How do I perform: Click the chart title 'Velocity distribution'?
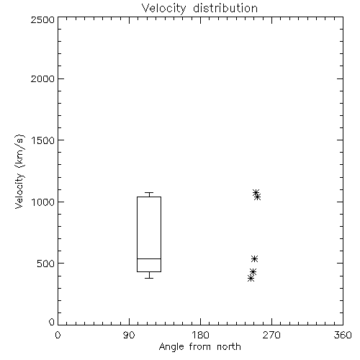pyautogui.click(x=199, y=8)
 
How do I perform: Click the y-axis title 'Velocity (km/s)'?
pyautogui.click(x=19, y=171)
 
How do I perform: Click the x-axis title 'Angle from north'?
pyautogui.click(x=199, y=346)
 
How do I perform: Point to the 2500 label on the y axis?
pyautogui.click(x=42, y=19)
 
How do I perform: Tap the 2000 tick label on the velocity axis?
pyautogui.click(x=42, y=78)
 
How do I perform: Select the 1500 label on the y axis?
pyautogui.click(x=43, y=140)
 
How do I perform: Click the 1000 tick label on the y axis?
pyautogui.click(x=43, y=202)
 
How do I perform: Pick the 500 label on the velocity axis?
pyautogui.click(x=46, y=264)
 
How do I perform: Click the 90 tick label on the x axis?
pyautogui.click(x=129, y=335)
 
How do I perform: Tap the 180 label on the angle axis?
pyautogui.click(x=200, y=335)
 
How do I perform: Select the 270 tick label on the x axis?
pyautogui.click(x=271, y=335)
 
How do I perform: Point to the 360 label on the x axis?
pyautogui.click(x=343, y=335)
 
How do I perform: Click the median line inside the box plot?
pyautogui.click(x=149, y=258)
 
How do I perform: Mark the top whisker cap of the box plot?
pyautogui.click(x=149, y=192)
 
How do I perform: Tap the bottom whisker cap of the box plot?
pyautogui.click(x=149, y=278)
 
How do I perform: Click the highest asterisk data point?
pyautogui.click(x=256, y=192)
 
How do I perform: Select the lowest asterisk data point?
pyautogui.click(x=251, y=279)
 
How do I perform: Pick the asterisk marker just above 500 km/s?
pyautogui.click(x=254, y=258)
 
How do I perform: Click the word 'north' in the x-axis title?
pyautogui.click(x=229, y=346)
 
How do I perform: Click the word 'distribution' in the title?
pyautogui.click(x=225, y=8)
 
